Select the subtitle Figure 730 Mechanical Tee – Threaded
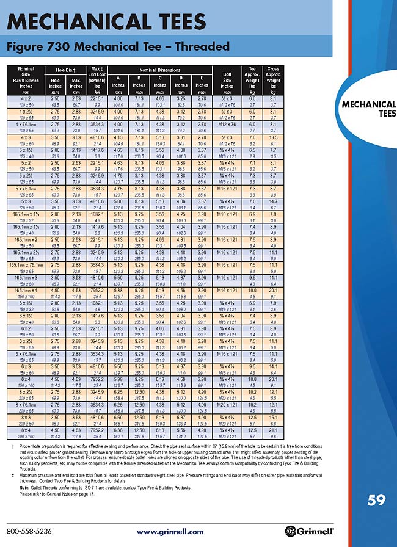click(x=118, y=46)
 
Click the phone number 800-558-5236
click(x=29, y=531)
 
